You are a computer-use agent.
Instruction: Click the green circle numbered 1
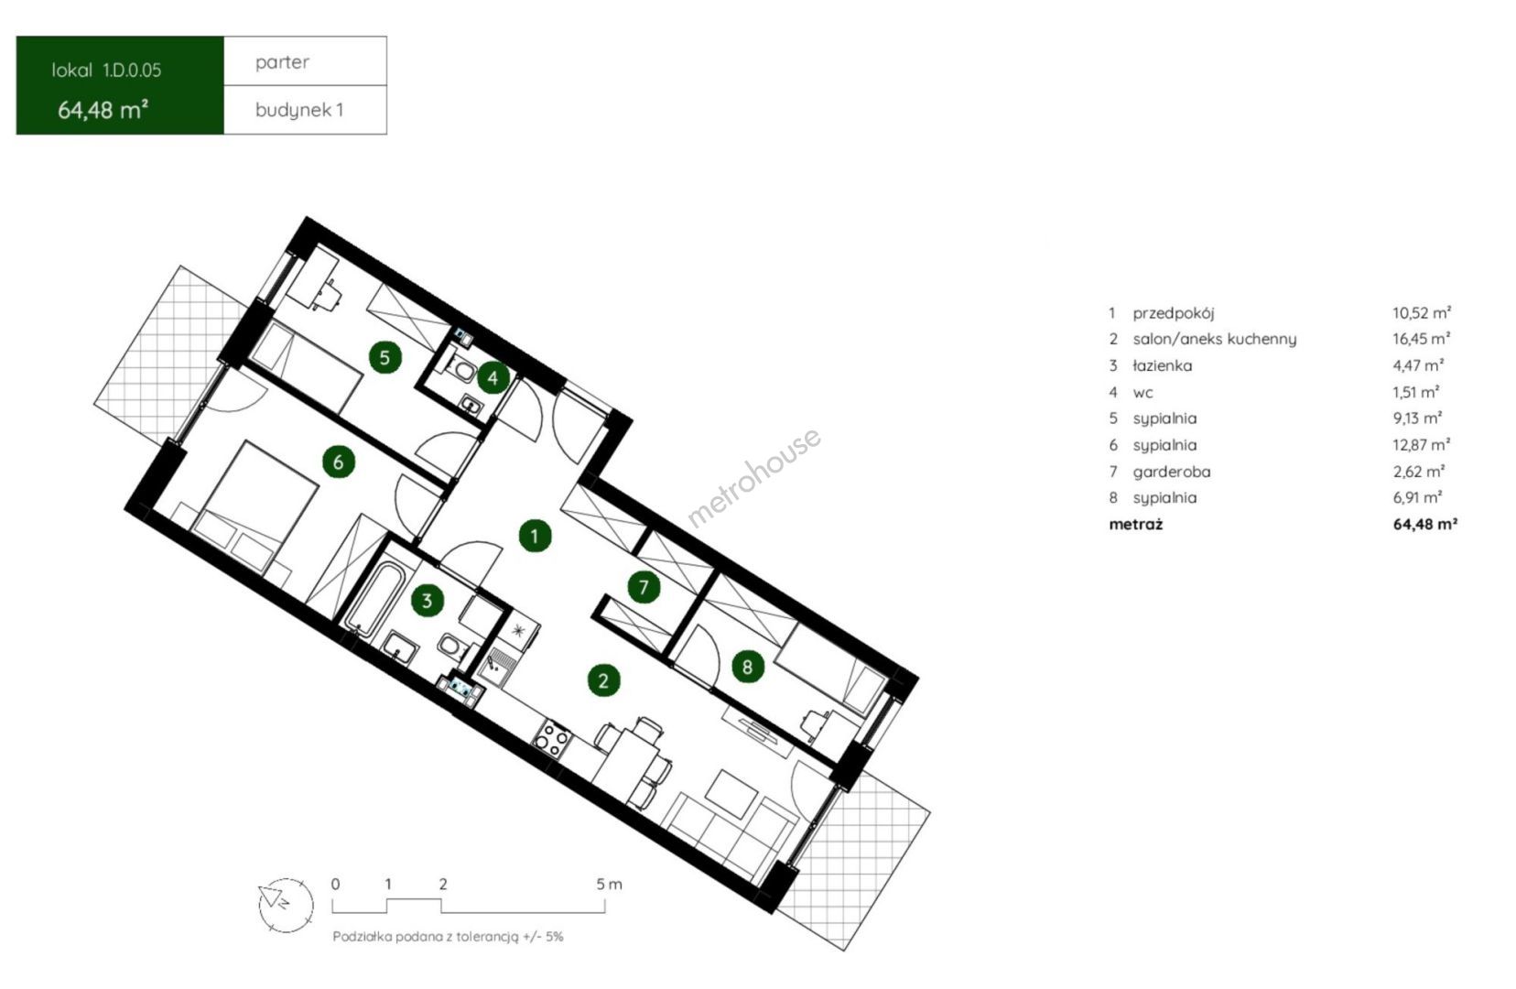point(535,537)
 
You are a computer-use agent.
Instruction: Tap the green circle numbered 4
point(493,377)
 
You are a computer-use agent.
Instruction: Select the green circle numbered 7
point(644,587)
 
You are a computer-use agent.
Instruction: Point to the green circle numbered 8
point(747,667)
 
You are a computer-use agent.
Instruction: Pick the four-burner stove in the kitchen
point(552,737)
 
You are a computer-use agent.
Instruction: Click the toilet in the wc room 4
point(464,370)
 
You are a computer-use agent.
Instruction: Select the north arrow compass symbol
point(286,905)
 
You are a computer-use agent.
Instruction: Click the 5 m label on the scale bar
point(609,884)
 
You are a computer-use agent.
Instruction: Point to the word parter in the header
point(282,62)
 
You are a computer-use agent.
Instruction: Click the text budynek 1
point(299,110)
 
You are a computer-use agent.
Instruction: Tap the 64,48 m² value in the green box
point(103,110)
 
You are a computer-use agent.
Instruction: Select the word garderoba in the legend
point(1172,472)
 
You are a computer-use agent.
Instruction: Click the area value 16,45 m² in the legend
point(1421,339)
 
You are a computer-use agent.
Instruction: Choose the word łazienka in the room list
point(1162,365)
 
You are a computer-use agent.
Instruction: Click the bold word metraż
point(1136,525)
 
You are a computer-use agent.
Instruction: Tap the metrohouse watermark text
point(754,477)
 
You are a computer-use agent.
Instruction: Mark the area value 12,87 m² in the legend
point(1421,445)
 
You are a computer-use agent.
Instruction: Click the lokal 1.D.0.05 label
point(106,71)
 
